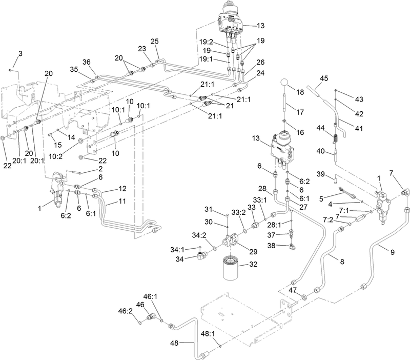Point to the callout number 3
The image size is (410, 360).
point(20,54)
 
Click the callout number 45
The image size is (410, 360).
point(324,78)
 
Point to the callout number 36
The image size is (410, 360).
point(86,62)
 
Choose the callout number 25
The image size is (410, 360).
point(155,41)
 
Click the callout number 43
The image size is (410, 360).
point(358,98)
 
